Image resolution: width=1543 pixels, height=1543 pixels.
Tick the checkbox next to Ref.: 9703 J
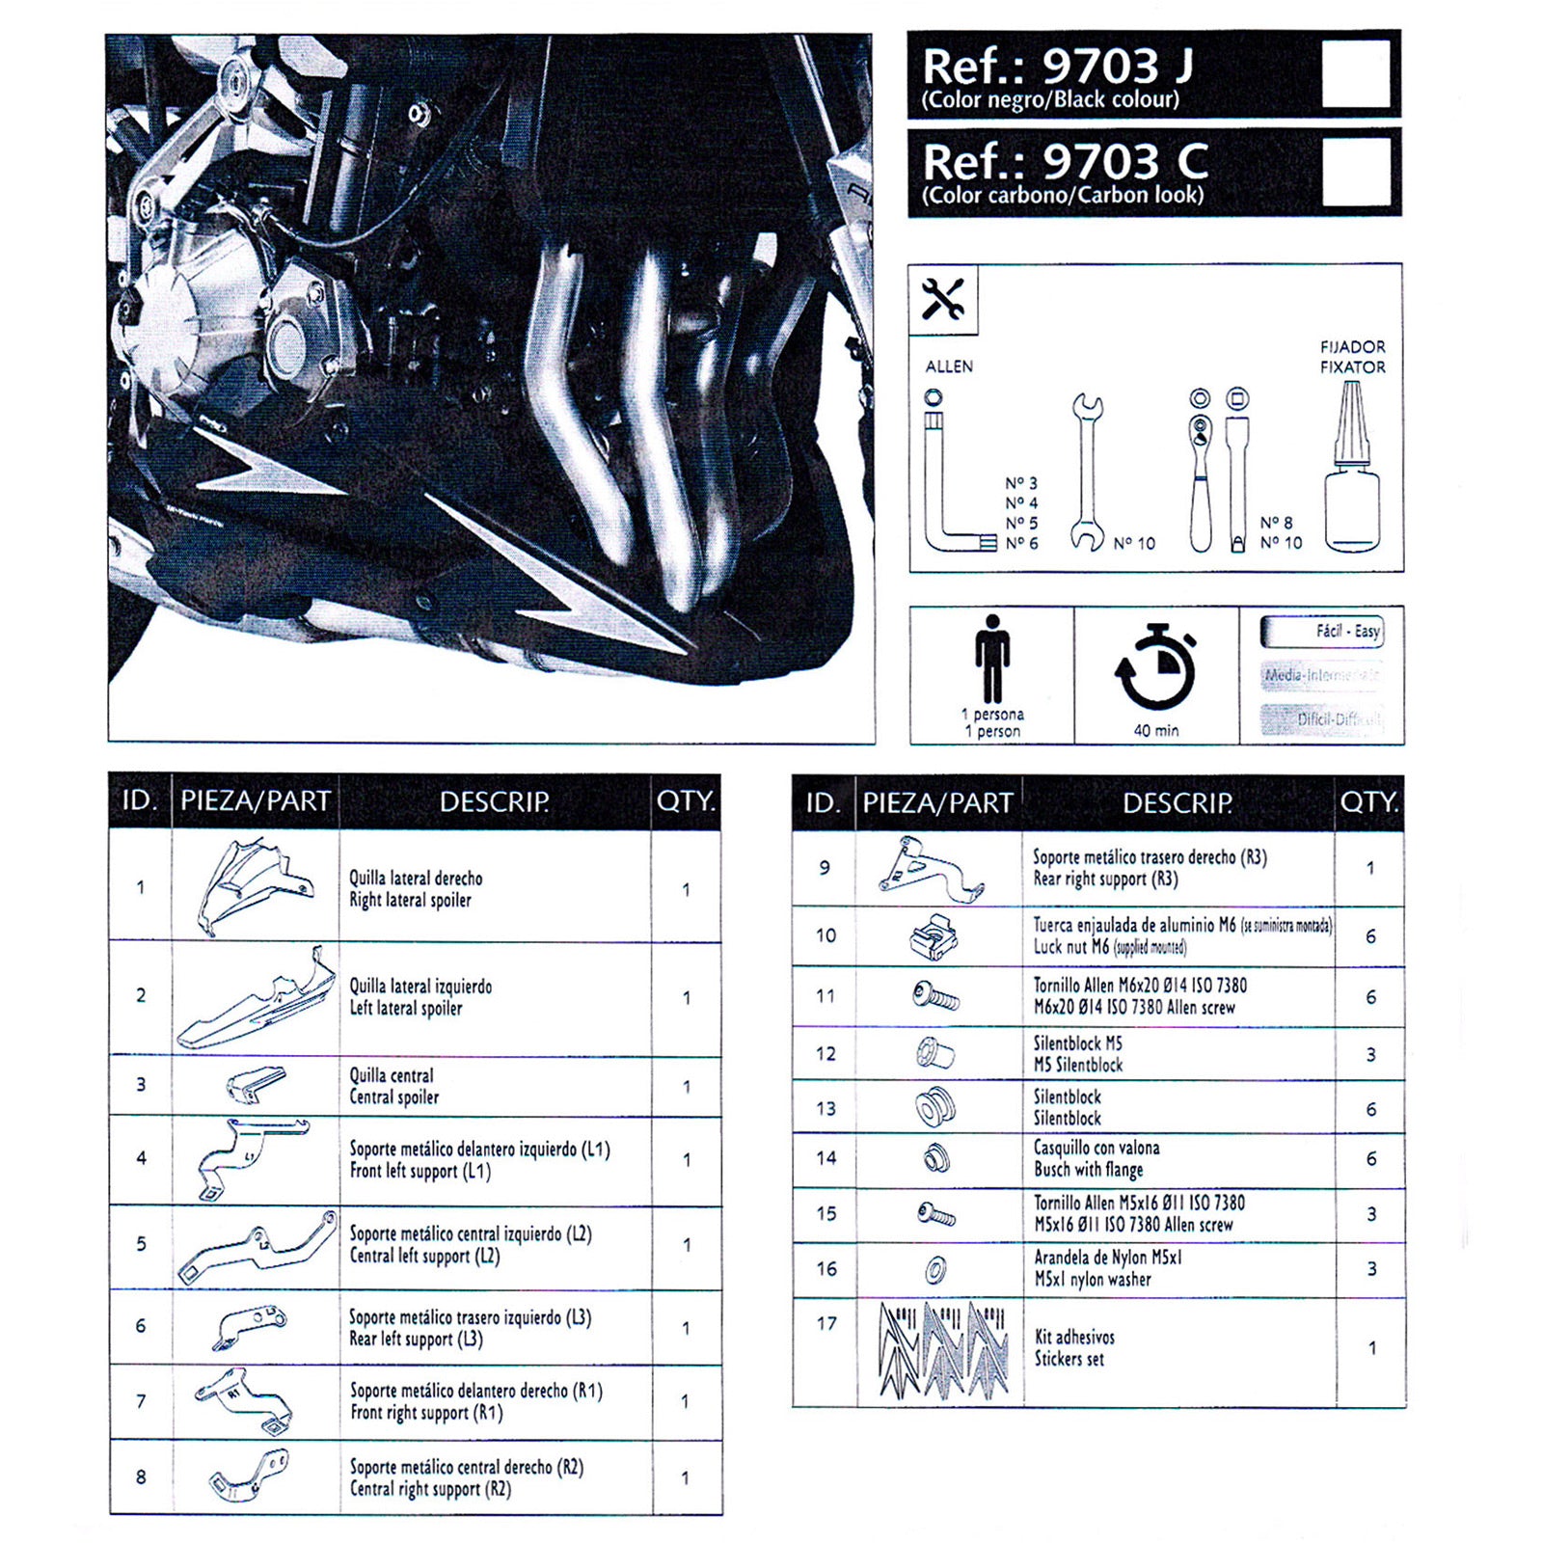[1355, 73]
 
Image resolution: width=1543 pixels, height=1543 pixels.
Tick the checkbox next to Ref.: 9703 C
[1355, 171]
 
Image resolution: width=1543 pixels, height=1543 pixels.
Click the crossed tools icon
[942, 300]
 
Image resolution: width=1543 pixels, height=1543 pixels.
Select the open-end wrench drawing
[1087, 473]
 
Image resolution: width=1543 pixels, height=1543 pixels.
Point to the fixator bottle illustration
[1352, 473]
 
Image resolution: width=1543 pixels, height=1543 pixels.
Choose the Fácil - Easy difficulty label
[1323, 632]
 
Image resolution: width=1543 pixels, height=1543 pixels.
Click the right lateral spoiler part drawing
[255, 885]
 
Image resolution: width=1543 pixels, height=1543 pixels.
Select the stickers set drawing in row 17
[941, 1349]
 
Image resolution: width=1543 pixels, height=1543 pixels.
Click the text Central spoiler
[393, 1096]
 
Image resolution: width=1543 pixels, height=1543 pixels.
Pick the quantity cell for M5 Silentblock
[1370, 1054]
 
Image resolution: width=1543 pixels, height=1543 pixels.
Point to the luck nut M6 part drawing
[934, 935]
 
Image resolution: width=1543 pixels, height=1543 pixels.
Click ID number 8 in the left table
[141, 1476]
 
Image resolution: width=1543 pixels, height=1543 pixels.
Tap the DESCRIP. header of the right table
[1177, 802]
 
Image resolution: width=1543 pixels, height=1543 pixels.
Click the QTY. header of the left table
[685, 800]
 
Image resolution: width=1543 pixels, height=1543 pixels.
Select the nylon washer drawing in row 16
[934, 1269]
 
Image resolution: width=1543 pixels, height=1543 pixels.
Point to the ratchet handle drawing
[1200, 473]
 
